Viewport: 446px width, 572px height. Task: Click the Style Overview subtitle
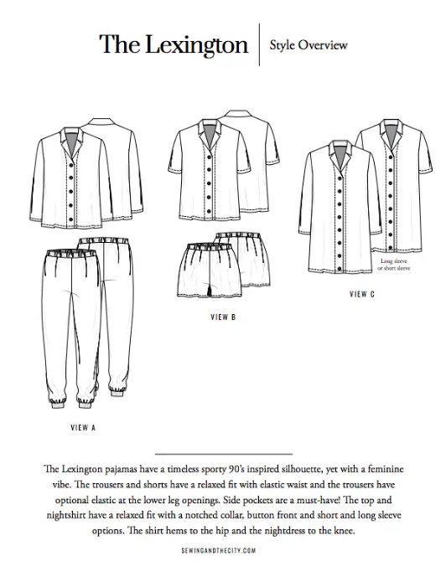click(x=309, y=44)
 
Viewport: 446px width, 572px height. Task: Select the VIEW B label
click(x=222, y=318)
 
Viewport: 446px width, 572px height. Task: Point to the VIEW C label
click(x=361, y=295)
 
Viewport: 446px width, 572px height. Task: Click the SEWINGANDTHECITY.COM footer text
click(x=222, y=550)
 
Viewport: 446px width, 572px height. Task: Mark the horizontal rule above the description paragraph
click(x=223, y=453)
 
